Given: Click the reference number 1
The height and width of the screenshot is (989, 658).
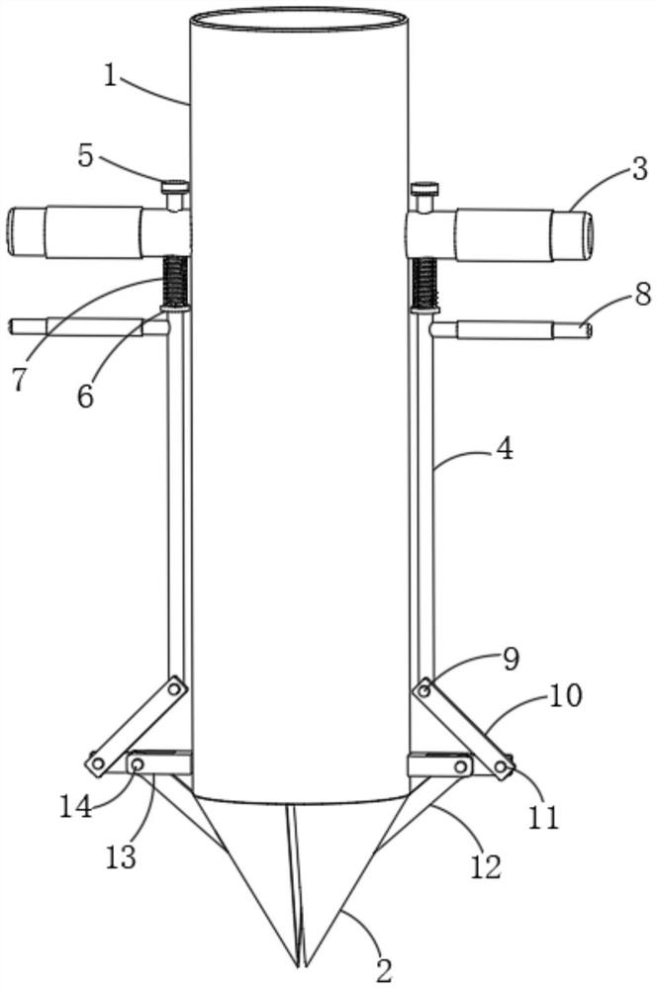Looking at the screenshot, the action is (111, 76).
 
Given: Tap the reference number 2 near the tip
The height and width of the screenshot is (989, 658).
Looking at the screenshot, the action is (385, 969).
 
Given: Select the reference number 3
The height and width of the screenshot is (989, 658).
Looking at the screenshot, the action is (638, 170).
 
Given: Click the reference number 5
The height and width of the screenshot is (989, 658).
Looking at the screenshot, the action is (86, 156).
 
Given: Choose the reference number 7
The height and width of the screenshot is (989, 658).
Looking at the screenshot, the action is (22, 380).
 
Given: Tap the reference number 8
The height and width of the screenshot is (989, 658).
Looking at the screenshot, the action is (642, 294).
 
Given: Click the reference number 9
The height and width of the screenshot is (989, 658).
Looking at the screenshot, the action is (511, 659).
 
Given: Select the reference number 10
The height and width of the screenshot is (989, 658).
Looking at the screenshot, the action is (565, 696).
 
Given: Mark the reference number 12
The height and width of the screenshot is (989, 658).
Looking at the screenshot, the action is (485, 866).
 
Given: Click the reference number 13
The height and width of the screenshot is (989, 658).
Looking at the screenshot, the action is (121, 857).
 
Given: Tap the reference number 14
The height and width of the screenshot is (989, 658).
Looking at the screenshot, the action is (76, 808).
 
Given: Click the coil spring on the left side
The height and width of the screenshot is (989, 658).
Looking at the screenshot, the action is (176, 281).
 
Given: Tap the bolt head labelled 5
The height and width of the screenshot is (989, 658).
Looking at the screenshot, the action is (175, 187).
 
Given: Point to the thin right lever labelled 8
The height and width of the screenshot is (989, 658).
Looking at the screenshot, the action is (512, 330).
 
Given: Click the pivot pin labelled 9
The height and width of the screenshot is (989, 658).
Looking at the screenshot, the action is (425, 691).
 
